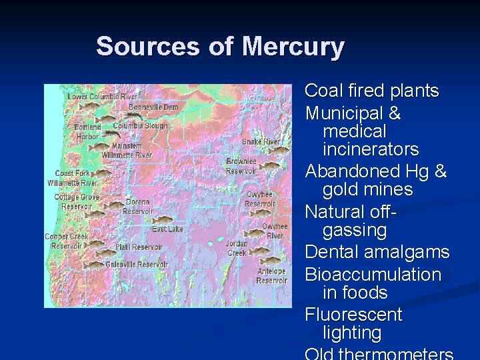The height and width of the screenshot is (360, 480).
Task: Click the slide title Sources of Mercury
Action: (x=220, y=47)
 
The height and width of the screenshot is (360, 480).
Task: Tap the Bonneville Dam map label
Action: (x=153, y=107)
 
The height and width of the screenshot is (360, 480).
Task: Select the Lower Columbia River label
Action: (x=102, y=97)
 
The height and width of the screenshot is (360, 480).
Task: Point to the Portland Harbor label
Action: (x=87, y=131)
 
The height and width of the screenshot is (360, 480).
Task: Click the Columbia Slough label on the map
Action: (x=140, y=125)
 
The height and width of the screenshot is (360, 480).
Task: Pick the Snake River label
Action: (x=261, y=142)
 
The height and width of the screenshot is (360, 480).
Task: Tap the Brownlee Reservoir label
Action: (x=241, y=166)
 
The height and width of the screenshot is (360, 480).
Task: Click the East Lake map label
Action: (x=167, y=229)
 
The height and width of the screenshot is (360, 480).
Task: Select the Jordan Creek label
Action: (x=237, y=248)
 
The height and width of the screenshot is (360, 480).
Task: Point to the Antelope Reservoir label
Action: (x=271, y=276)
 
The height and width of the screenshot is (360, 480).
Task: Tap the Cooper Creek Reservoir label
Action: (x=66, y=241)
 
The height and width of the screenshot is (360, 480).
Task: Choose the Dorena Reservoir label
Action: (x=137, y=207)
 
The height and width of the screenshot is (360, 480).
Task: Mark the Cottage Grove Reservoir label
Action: (x=76, y=201)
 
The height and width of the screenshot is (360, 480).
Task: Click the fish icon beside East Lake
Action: (x=162, y=219)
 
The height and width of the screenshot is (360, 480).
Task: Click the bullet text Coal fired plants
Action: (x=371, y=91)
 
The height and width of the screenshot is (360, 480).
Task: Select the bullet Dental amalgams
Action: (x=377, y=253)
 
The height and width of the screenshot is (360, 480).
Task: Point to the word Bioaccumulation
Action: (x=373, y=275)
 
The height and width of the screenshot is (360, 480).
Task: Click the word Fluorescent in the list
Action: (x=353, y=315)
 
